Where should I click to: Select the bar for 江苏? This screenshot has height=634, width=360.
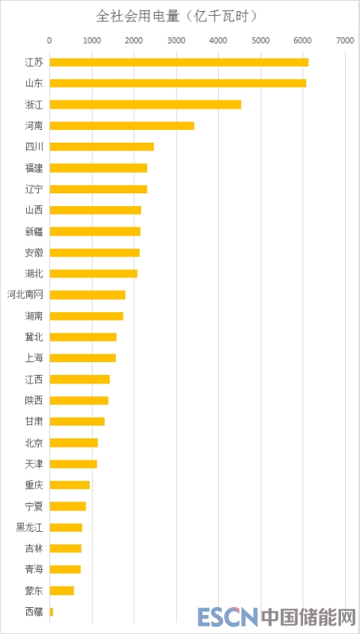click(x=178, y=63)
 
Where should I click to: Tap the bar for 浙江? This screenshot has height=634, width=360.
click(x=145, y=105)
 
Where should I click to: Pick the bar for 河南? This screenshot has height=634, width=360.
click(x=122, y=126)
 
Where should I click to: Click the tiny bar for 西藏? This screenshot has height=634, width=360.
click(x=52, y=612)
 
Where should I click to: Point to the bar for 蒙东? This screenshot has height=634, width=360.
click(x=62, y=590)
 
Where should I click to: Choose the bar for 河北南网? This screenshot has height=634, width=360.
click(x=87, y=294)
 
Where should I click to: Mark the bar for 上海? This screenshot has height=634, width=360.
click(x=82, y=358)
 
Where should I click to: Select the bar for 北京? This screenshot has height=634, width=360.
click(x=74, y=443)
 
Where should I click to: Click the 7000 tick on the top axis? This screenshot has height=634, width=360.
click(x=345, y=40)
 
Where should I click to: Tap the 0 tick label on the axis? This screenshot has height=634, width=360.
click(x=49, y=40)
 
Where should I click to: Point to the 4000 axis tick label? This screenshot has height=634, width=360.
click(x=218, y=40)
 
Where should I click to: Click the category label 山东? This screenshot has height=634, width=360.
click(x=34, y=83)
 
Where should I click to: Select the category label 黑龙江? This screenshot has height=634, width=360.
click(x=29, y=527)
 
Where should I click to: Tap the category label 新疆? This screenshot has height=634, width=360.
click(x=34, y=231)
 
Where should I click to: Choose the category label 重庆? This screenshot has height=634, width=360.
click(x=34, y=485)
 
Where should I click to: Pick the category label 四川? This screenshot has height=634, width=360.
click(x=34, y=147)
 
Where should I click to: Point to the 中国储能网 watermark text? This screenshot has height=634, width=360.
click(x=308, y=617)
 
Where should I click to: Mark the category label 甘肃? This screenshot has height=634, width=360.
click(x=34, y=422)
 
